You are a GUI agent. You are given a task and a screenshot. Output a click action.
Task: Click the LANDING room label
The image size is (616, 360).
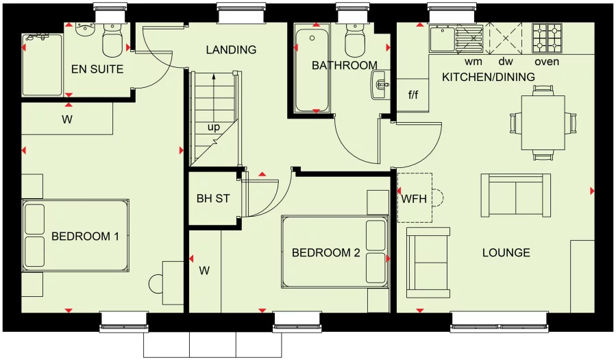tap(231, 50)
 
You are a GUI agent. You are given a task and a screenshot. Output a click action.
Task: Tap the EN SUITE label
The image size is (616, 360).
tap(98, 69)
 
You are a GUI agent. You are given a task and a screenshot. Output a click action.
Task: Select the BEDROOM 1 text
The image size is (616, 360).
tap(86, 237)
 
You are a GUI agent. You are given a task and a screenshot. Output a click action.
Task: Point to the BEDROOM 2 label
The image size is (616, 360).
tap(325, 253)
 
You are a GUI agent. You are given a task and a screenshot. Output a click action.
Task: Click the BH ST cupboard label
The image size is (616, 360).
tap(213, 200)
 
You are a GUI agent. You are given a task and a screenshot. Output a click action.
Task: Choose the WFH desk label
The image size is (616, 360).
tap(414, 199)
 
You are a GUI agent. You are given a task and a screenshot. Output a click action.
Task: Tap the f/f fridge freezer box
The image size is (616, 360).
tap(413, 95)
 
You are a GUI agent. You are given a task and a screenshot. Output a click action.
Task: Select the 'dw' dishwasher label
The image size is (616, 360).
tap(505, 62)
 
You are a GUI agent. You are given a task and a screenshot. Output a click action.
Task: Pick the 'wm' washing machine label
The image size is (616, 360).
tap(473, 62)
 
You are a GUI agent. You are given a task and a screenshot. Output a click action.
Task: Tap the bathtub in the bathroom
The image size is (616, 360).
tap(312, 69)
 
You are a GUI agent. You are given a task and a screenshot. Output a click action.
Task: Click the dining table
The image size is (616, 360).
tap(543, 123)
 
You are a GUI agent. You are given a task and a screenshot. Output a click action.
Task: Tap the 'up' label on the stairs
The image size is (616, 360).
tap(214, 128)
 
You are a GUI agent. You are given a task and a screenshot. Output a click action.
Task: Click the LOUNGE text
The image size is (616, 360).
tap(506, 253)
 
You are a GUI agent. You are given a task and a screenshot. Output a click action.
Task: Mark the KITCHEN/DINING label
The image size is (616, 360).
tap(488, 77)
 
